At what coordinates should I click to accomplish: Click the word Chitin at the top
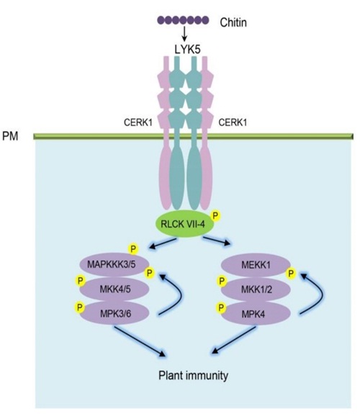coord(233,22)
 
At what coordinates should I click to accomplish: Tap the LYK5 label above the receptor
coord(187,50)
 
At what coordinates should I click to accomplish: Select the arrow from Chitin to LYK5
coord(184,34)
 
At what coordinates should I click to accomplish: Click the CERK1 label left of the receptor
coord(138,122)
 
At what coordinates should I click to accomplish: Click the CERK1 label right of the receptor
coord(233,122)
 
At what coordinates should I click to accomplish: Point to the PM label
coord(10,136)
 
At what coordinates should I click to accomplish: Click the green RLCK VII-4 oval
coord(184,224)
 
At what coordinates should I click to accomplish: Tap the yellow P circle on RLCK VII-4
coord(215,216)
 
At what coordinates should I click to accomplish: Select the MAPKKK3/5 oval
coord(114,264)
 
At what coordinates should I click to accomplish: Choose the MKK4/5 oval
coord(114,289)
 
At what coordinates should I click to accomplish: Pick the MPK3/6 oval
coord(114,314)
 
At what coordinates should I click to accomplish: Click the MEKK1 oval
coord(256,265)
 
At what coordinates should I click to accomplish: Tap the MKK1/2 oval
coord(256,289)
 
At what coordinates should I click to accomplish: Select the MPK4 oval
coord(256,314)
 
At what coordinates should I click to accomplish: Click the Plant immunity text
coord(194,375)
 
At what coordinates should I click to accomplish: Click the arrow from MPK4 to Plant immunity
coord(234,340)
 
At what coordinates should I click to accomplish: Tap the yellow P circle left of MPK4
coord(221,307)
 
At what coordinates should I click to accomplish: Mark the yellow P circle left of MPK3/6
coord(79,307)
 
